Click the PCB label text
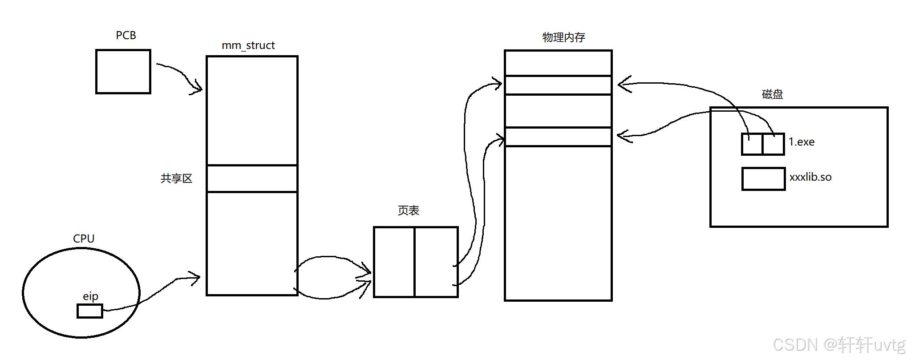click(126, 36)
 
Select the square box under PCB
click(123, 72)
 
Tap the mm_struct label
click(248, 45)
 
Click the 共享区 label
click(176, 178)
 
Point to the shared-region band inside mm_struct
click(252, 178)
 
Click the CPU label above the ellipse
click(84, 239)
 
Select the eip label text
click(90, 296)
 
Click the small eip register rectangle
click(90, 311)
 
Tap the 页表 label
click(408, 210)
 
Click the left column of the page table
click(394, 262)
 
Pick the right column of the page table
click(436, 262)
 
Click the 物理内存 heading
click(563, 37)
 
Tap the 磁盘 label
click(772, 94)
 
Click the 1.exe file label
click(801, 142)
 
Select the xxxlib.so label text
click(810, 177)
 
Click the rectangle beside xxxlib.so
click(763, 179)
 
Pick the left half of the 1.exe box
click(752, 144)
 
